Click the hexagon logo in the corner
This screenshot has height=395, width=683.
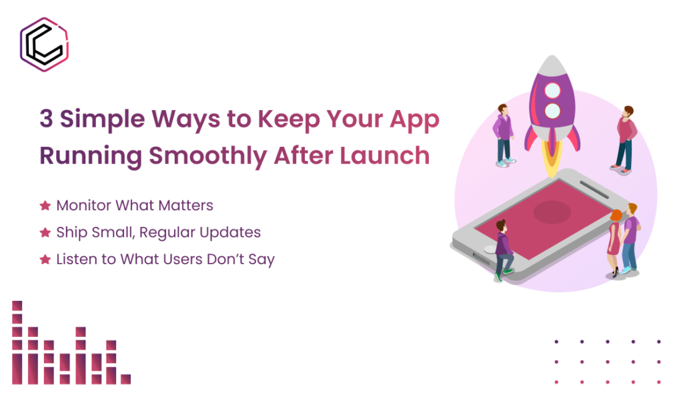(45, 45)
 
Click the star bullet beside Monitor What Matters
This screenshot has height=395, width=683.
(45, 206)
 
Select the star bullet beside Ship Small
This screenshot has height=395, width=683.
(45, 233)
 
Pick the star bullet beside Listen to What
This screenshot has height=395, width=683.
(45, 260)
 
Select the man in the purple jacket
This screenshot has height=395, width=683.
(503, 133)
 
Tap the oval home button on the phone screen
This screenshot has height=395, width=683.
(552, 212)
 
